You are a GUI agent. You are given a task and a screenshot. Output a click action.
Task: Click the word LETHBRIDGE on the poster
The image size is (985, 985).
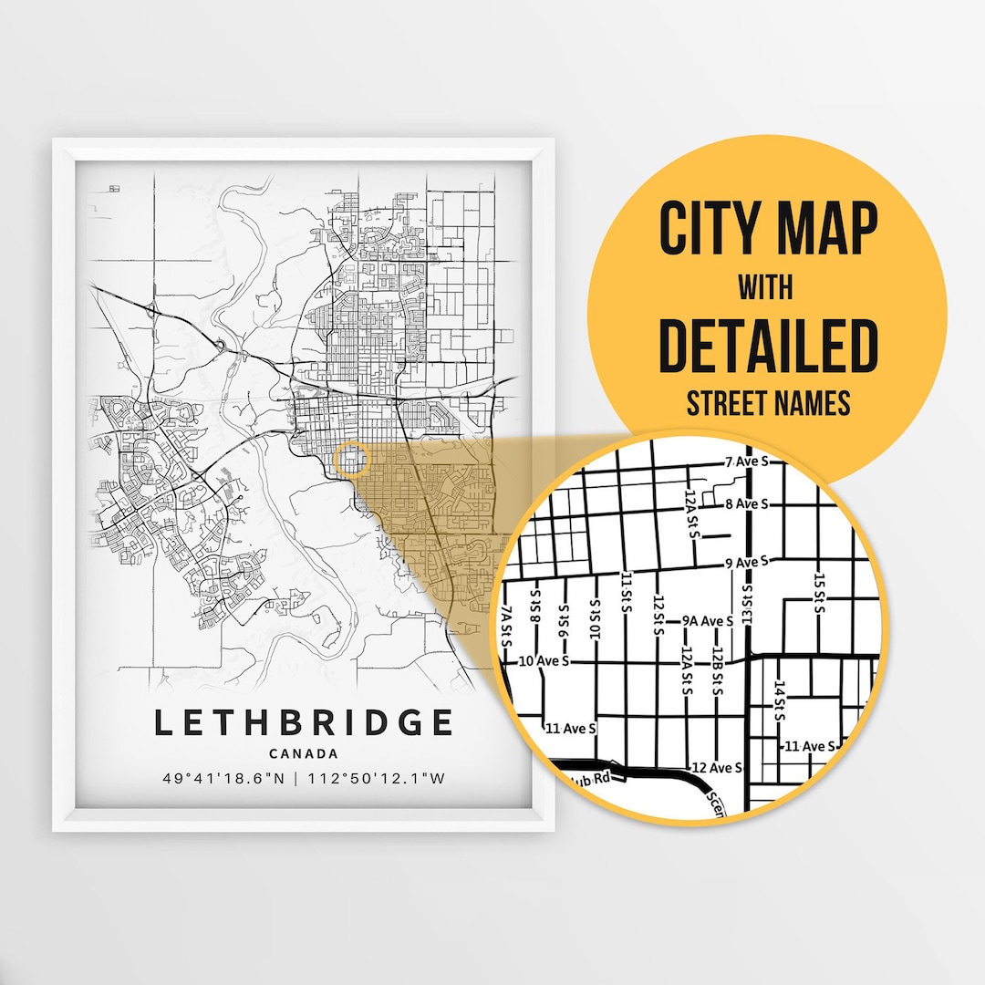point(303,722)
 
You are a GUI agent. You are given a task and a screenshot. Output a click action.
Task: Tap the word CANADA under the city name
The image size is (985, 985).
point(304,754)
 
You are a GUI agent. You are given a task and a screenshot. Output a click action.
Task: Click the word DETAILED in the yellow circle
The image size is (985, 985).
point(767,346)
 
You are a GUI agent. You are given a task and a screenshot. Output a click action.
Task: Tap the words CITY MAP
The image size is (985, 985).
point(768,231)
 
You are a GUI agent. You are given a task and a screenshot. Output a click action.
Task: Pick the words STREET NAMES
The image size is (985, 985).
point(767,402)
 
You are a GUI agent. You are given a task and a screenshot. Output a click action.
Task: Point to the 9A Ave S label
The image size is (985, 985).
point(709,621)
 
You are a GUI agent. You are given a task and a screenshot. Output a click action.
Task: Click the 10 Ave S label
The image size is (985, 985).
point(543,660)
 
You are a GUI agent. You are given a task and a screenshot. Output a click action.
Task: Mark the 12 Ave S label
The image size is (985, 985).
point(717,767)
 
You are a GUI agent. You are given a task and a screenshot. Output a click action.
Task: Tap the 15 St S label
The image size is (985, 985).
point(820,594)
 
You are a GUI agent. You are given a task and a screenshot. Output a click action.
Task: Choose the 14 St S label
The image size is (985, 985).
point(780,700)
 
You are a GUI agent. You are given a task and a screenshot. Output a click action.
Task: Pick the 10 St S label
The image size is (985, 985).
point(596,620)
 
